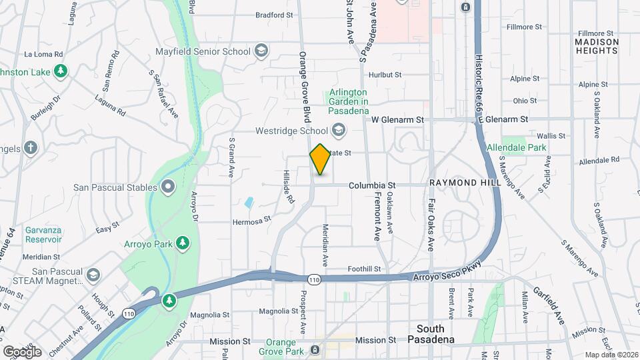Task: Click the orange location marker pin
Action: point(321,159)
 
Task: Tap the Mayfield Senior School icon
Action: point(261,51)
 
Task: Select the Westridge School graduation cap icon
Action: point(339,130)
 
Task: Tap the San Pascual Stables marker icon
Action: point(168,187)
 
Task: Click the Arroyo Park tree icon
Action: point(181,245)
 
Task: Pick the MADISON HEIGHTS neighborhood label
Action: point(596,46)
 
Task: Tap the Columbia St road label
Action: point(373,185)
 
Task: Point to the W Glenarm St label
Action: point(397,120)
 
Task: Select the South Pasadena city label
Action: point(435,334)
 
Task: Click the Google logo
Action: point(22,351)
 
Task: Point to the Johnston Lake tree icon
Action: point(61,71)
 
